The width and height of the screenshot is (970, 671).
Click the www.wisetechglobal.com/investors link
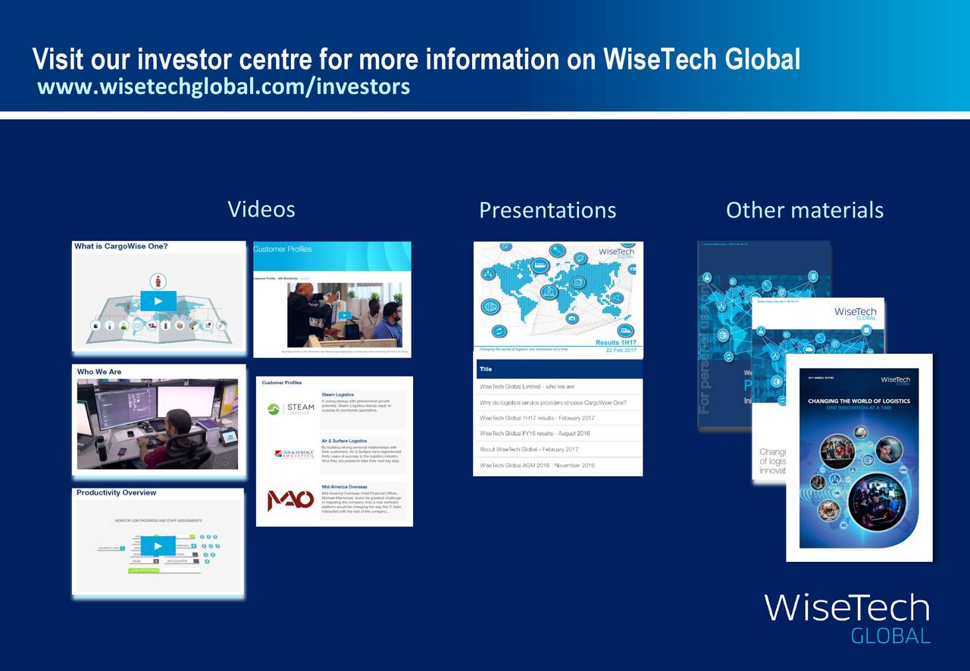click(224, 87)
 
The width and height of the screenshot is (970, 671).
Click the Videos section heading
click(261, 209)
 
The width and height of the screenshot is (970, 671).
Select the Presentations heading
click(547, 210)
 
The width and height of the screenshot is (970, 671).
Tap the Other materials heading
click(804, 210)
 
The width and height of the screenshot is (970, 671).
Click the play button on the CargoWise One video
click(158, 301)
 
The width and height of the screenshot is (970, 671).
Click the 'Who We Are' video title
click(99, 372)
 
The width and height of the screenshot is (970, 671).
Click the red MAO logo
click(290, 501)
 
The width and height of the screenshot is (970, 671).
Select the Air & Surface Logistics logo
click(294, 454)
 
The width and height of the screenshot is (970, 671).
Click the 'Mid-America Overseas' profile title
click(344, 487)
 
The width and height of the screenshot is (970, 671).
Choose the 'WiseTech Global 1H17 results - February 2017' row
click(537, 418)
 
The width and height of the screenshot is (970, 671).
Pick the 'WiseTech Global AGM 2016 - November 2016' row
click(537, 465)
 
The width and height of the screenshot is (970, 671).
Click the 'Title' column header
click(486, 370)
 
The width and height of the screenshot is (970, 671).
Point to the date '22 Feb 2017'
click(621, 350)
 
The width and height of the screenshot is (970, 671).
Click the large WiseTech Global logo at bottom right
click(846, 616)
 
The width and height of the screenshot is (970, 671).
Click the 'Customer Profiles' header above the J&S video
click(283, 249)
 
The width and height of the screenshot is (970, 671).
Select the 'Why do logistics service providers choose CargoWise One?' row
click(552, 402)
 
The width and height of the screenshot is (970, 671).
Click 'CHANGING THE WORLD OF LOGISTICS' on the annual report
click(859, 401)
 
